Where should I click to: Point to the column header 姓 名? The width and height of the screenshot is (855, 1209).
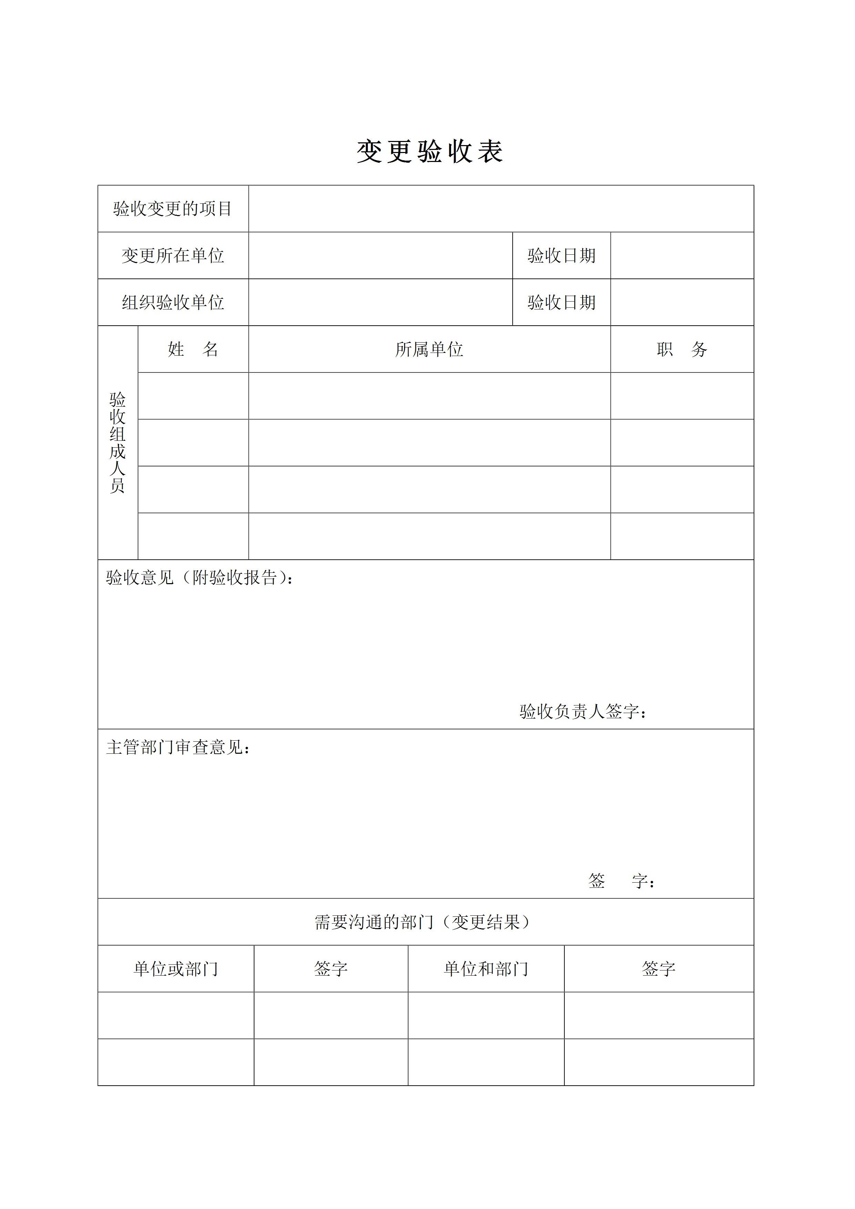193,349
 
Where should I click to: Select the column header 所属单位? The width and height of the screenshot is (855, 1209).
429,349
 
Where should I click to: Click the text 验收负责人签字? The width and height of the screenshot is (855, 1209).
582,711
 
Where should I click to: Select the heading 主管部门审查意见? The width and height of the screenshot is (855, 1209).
178,747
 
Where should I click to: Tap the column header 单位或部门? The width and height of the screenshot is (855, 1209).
175,968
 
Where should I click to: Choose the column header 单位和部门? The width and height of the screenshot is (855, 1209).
486,968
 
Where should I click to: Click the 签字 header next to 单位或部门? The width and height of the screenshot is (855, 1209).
331,968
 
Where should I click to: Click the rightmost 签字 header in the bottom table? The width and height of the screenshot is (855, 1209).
658,968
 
